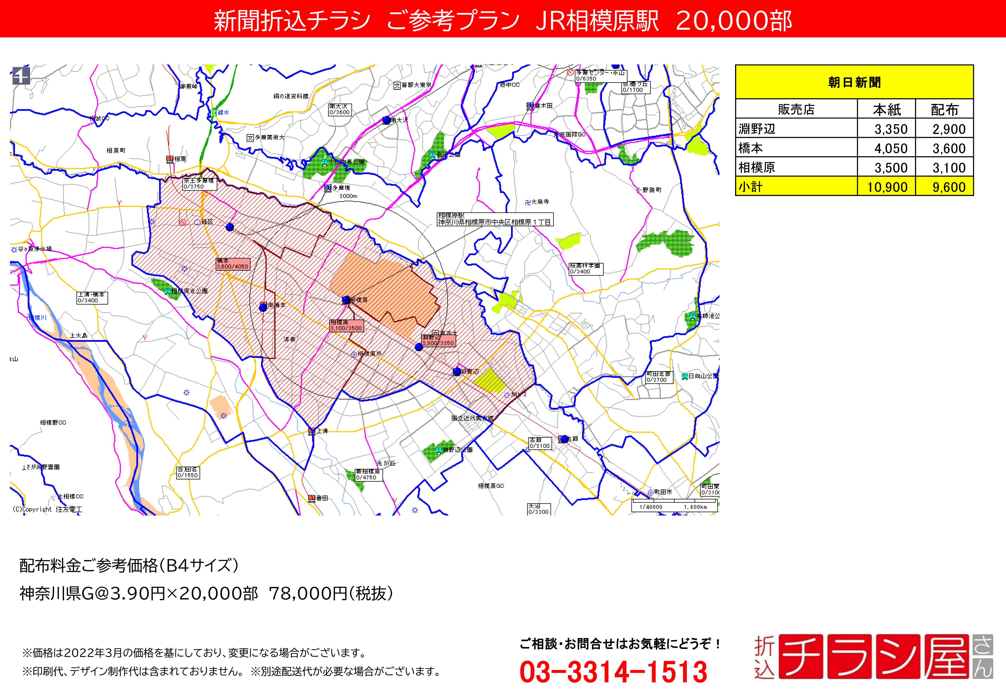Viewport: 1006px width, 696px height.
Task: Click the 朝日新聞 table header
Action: point(854,82)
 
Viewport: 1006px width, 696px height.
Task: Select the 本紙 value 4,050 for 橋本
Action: point(890,148)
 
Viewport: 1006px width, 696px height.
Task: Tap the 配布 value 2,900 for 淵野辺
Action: point(948,129)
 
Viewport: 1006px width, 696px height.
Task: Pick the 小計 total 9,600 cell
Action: point(948,187)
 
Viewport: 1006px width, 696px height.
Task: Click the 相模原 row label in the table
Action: point(756,168)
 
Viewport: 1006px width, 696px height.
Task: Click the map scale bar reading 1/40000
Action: point(674,507)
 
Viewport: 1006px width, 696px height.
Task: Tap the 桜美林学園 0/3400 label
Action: point(585,269)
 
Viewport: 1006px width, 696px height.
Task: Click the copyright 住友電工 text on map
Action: point(47,509)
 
